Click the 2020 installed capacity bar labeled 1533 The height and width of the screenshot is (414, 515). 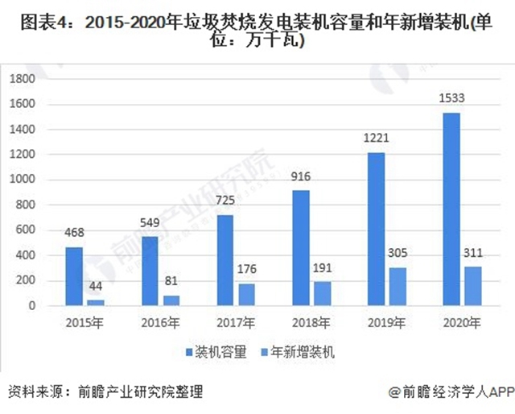click(451, 209)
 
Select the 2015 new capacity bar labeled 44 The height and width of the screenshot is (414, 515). click(96, 303)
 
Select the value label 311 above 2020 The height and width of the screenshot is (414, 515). click(475, 253)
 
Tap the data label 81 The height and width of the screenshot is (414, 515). click(171, 282)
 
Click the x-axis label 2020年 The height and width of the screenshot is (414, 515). click(462, 324)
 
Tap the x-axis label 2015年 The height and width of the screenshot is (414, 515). click(85, 324)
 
